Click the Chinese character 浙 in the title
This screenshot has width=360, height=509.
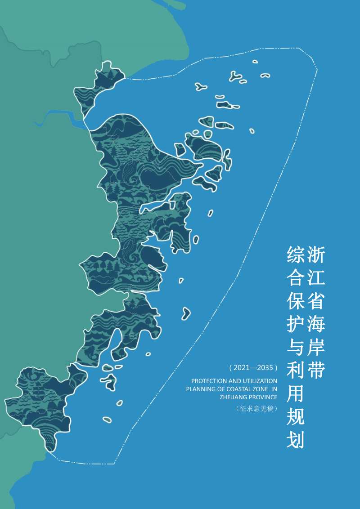pyautogui.click(x=316, y=254)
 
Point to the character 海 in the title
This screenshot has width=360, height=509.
pyautogui.click(x=316, y=324)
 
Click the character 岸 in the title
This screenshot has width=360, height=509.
pyautogui.click(x=316, y=348)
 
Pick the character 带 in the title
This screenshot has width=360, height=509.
pyautogui.click(x=316, y=371)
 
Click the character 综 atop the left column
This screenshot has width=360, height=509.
pyautogui.click(x=296, y=254)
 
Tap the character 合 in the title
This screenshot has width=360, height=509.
pyautogui.click(x=296, y=278)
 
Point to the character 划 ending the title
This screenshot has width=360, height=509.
pyautogui.click(x=296, y=440)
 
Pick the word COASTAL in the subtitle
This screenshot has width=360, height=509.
pyautogui.click(x=243, y=389)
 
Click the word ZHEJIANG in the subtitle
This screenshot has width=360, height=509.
pyautogui.click(x=234, y=397)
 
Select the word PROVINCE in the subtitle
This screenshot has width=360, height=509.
pyautogui.click(x=264, y=397)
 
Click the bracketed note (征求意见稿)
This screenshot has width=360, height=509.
pyautogui.click(x=256, y=409)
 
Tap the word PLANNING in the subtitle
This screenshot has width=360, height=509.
pyautogui.click(x=200, y=389)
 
